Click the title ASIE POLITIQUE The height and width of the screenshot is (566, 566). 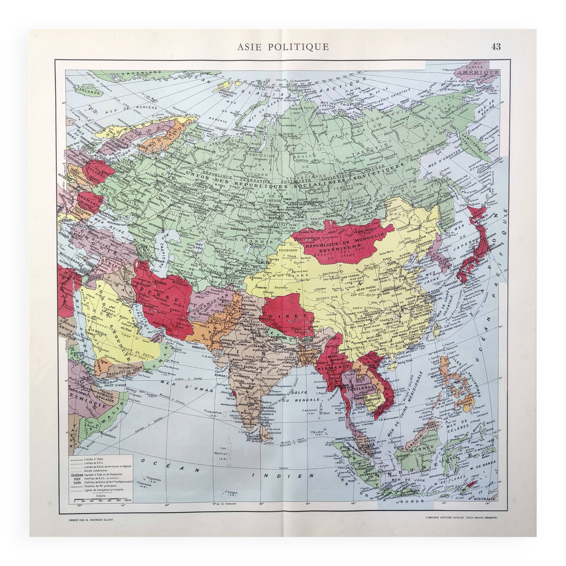click(283, 47)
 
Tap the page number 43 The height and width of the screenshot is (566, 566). click(496, 47)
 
